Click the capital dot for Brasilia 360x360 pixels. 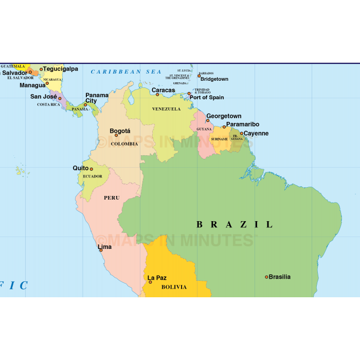tap(266, 277)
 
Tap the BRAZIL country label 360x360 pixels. tap(235, 224)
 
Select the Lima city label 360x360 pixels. tap(104, 247)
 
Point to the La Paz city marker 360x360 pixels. tap(150, 282)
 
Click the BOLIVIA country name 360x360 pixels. tap(174, 287)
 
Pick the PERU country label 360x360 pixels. tap(112, 198)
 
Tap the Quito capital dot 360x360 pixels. tap(92, 169)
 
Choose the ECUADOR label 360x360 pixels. tap(93, 176)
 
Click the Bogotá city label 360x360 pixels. tap(120, 131)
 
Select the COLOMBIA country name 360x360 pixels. tap(124, 144)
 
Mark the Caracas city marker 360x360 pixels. tap(157, 95)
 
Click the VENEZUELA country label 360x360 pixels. tap(166, 109)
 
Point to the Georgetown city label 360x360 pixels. tap(224, 116)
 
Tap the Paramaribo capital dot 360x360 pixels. tap(224, 127)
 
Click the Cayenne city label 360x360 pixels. tap(256, 133)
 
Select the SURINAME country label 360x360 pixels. tap(219, 139)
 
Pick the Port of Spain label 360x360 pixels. tap(207, 97)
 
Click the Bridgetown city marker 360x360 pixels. tap(199, 76)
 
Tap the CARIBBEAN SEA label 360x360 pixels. tap(126, 72)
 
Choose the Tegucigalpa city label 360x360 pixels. tap(61, 69)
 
